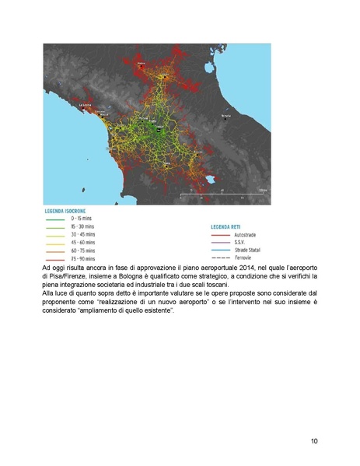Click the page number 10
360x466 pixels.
pyautogui.click(x=313, y=442)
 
